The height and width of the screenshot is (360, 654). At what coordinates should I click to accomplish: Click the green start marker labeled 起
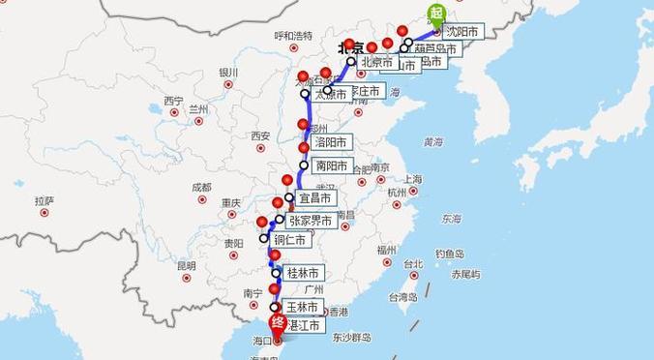pos(435,13)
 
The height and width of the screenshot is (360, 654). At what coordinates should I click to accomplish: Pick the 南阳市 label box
pos(331,165)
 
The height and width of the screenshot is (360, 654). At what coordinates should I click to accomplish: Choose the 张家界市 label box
pos(310,221)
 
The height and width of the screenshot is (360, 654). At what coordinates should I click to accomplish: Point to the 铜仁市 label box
pos(289,240)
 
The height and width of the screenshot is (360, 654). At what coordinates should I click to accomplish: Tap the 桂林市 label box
pos(303,273)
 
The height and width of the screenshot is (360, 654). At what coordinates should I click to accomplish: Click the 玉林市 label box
pos(302,307)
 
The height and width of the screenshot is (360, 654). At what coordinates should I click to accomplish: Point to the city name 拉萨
pos(45,201)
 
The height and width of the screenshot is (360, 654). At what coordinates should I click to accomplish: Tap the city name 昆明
pos(186,264)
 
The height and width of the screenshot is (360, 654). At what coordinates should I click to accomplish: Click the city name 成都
pos(201,187)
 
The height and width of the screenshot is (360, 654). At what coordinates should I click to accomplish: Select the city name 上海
pos(413,179)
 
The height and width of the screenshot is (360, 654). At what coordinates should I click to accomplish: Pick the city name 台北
pos(413,263)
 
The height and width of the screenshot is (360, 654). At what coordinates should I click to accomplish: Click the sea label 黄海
pos(432,142)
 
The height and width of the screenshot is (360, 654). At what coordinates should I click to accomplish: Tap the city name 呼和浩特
pos(293,36)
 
